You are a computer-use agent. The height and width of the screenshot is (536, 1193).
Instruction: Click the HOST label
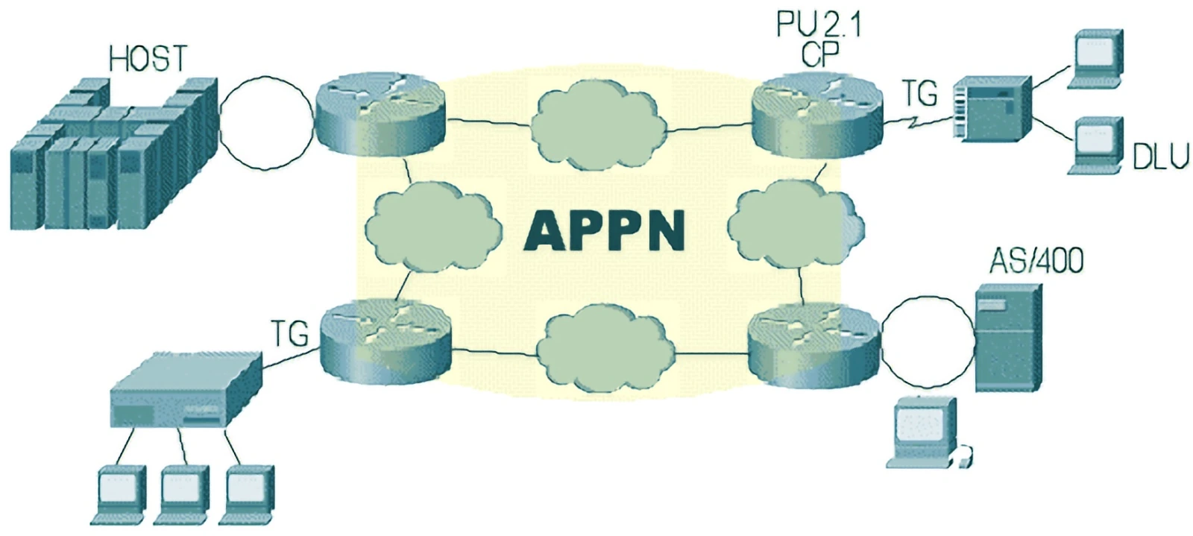point(148,58)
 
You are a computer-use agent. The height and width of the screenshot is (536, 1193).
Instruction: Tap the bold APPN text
point(605,230)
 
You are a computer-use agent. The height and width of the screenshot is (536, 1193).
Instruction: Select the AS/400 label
point(1036,261)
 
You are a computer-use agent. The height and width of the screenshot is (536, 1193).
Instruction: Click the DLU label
point(1161,157)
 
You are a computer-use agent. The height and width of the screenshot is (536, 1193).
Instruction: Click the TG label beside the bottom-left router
point(290,333)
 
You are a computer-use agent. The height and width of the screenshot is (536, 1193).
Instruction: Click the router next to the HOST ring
point(380,114)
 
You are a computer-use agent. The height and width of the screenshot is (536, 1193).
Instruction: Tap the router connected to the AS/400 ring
point(814,344)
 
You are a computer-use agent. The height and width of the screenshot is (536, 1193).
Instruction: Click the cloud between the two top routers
point(599,125)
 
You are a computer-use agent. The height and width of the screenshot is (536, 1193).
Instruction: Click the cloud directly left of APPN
point(433,227)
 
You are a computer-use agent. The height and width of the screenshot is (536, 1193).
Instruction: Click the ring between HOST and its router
point(267,124)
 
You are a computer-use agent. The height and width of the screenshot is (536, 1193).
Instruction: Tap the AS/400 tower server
point(1008,338)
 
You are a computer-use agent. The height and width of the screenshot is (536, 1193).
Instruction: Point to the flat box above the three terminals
point(186,390)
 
